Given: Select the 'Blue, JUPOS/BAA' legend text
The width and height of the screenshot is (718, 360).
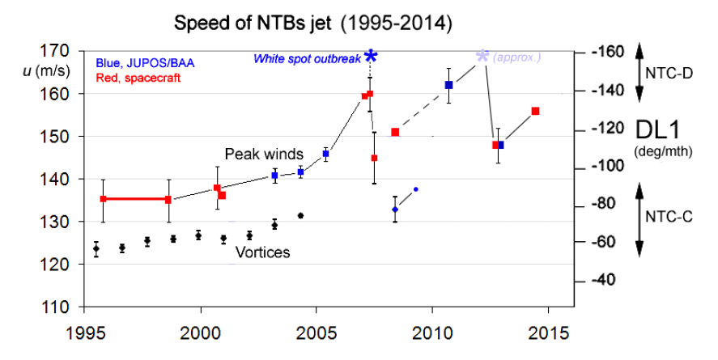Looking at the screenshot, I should click(x=145, y=62).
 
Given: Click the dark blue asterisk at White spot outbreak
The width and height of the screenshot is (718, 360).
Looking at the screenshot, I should click(x=371, y=56).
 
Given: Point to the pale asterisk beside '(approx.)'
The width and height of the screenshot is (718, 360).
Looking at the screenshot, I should click(x=482, y=56).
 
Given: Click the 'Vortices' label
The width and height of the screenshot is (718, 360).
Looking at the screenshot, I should click(x=262, y=253).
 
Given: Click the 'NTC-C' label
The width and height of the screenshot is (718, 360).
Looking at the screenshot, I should click(x=668, y=217).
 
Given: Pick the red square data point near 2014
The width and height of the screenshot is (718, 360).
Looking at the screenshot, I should click(x=535, y=111).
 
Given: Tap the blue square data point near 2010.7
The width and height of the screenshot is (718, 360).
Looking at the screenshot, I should click(x=448, y=85).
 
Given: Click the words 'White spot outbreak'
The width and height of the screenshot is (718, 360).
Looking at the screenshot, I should click(x=307, y=59).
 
